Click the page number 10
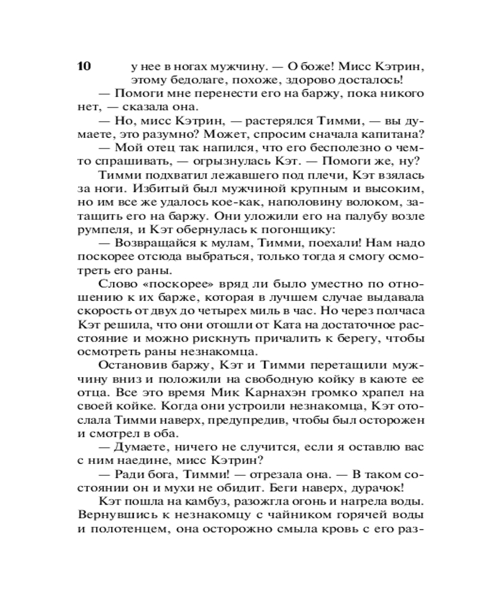coord(84,66)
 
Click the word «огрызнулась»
coord(243,161)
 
